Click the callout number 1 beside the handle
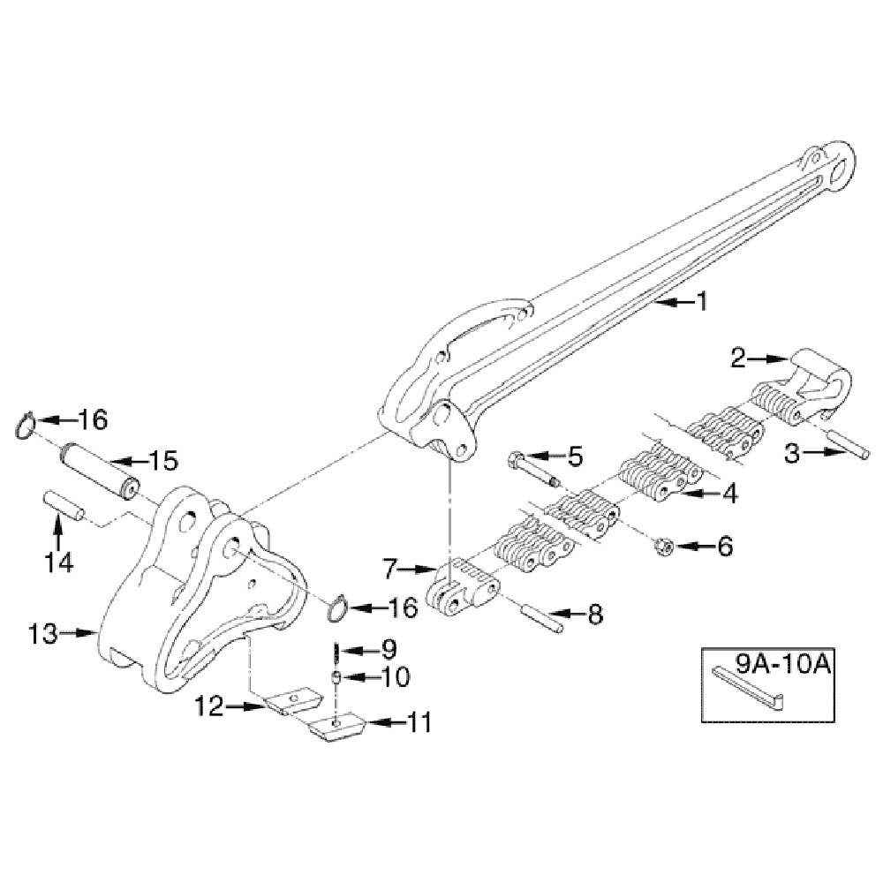[702, 302]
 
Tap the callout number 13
[43, 633]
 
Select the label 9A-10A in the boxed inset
[783, 665]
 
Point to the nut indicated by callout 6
[661, 546]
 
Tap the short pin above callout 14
[64, 505]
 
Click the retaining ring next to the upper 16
[26, 426]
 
